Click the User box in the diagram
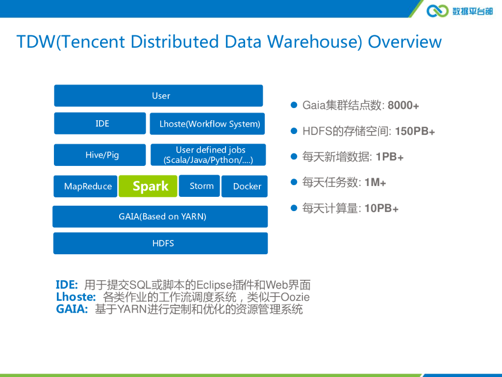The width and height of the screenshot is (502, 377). [158, 96]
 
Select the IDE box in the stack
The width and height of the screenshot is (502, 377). [100, 123]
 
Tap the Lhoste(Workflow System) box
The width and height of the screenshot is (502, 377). [207, 124]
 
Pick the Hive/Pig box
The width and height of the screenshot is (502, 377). [100, 155]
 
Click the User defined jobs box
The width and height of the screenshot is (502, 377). [208, 155]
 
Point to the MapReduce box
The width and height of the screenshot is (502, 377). [86, 186]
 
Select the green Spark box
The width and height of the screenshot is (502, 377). [148, 186]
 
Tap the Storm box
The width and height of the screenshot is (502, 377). [200, 186]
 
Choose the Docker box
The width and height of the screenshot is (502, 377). [245, 186]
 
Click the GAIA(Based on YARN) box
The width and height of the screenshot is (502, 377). [160, 216]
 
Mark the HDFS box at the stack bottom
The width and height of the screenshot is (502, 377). [161, 243]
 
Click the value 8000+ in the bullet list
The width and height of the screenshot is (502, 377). [403, 106]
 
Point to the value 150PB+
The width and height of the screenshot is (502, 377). [415, 132]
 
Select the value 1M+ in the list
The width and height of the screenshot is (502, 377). [375, 183]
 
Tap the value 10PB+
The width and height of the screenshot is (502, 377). [381, 209]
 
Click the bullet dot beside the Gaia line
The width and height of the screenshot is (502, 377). [294, 105]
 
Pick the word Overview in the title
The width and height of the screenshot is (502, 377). [404, 42]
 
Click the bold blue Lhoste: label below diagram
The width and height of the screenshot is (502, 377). [75, 297]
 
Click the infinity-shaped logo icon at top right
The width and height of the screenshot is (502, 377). [437, 10]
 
